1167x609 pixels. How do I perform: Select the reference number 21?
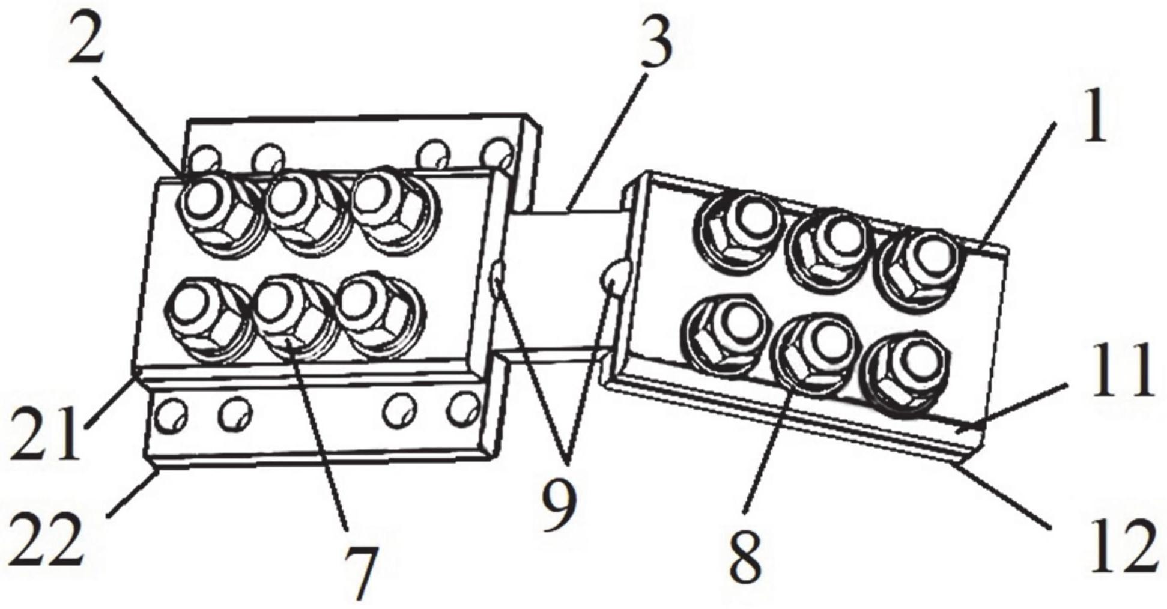click(x=45, y=433)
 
